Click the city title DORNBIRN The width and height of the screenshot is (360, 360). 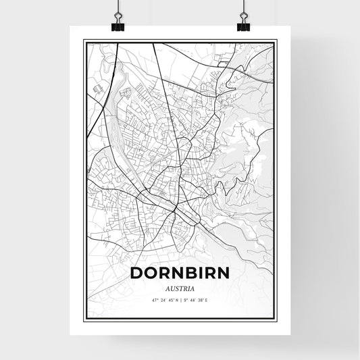(x=179, y=273)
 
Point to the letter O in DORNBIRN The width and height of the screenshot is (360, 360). (x=149, y=273)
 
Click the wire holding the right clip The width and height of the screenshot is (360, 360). (x=242, y=8)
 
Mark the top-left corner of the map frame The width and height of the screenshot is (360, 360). (x=84, y=41)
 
